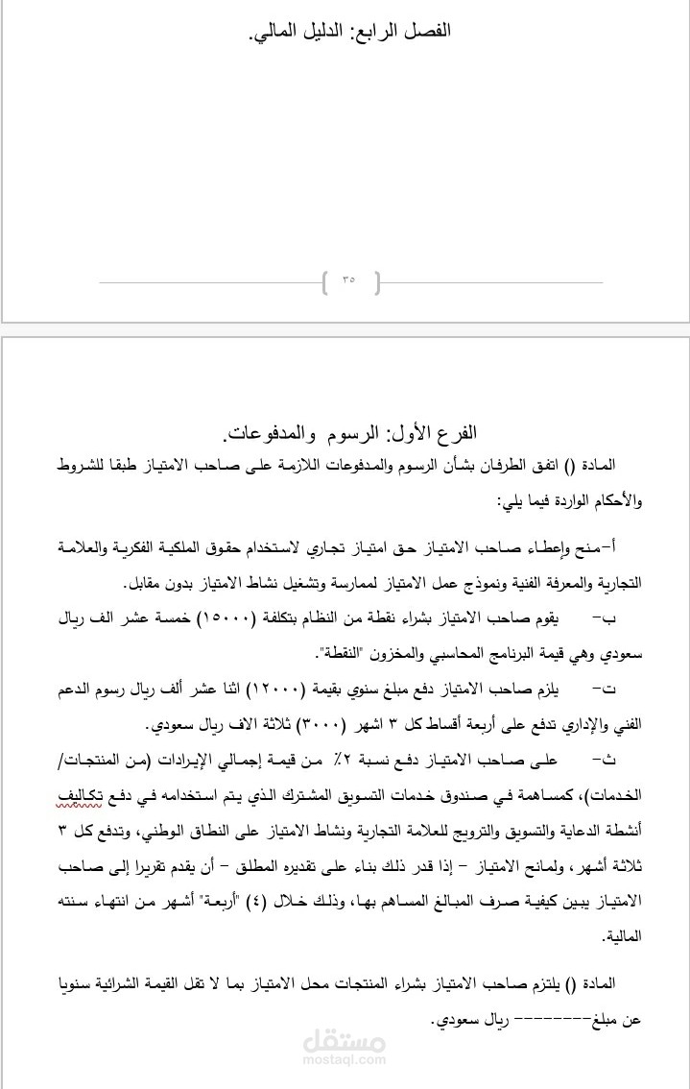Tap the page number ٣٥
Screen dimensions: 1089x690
click(x=347, y=281)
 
